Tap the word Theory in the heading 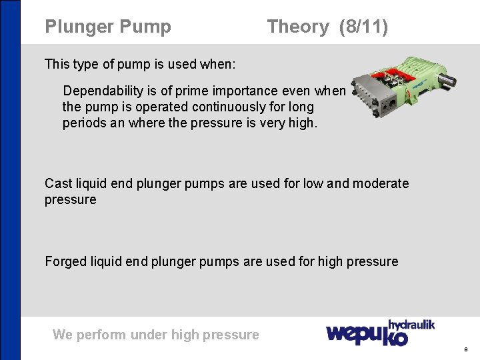pos(297,27)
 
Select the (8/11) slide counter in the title pos(363,27)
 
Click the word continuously pos(234,107)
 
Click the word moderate pos(381,183)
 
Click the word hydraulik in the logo pos(411,325)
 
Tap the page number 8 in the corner pos(465,349)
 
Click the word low pos(314,183)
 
